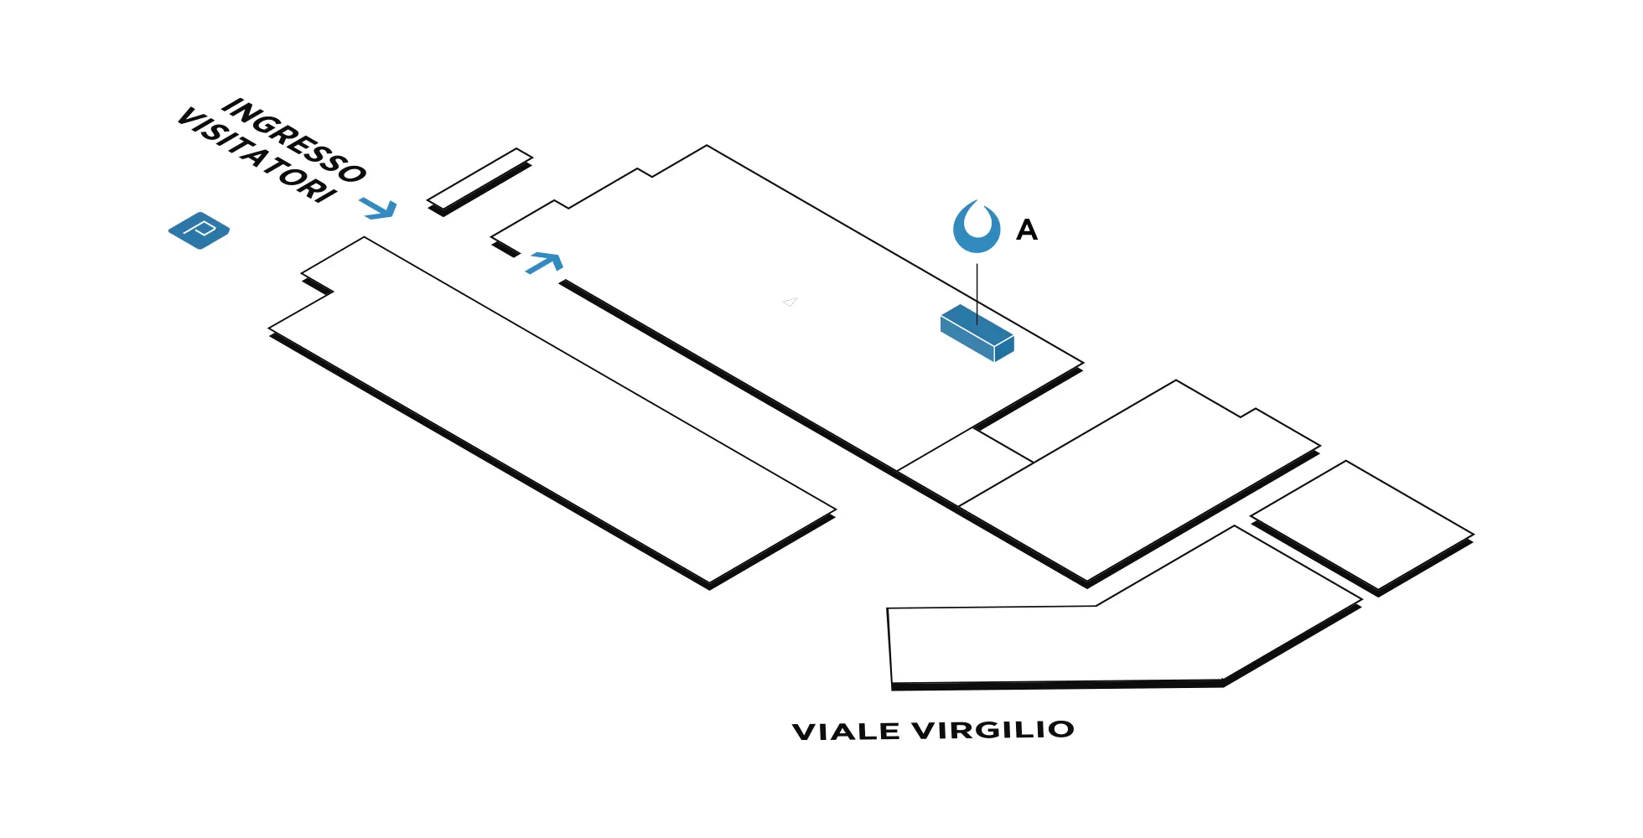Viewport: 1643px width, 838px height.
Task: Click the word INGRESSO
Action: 294,140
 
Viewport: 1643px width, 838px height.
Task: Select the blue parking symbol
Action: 199,230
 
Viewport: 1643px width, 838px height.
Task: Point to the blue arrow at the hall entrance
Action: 545,263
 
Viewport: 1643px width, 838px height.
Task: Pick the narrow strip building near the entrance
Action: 479,178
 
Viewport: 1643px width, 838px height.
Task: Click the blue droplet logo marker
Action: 977,227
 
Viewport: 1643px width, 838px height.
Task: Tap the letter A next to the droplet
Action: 1027,230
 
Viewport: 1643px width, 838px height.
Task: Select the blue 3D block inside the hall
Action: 977,333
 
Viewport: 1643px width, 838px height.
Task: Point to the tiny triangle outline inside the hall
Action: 790,302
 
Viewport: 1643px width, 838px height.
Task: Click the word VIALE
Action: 846,732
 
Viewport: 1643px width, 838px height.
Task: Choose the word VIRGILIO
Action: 993,730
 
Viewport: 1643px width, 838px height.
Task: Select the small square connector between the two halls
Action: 965,467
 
